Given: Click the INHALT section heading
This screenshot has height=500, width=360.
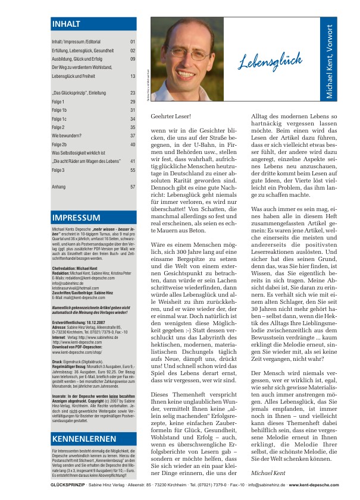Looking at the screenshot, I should (65, 24).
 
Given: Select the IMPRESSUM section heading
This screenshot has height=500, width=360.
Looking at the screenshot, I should (76, 218).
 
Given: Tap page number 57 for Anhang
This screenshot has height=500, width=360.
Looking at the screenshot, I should (133, 187).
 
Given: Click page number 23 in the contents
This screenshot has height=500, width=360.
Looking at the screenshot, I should (133, 93).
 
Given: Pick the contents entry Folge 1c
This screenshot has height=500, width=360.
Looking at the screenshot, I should (60, 119).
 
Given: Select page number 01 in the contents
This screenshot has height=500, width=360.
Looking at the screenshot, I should (133, 42).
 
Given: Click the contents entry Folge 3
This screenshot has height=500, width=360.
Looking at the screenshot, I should (58, 170).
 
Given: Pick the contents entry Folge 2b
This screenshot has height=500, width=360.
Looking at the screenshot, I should (60, 144).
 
